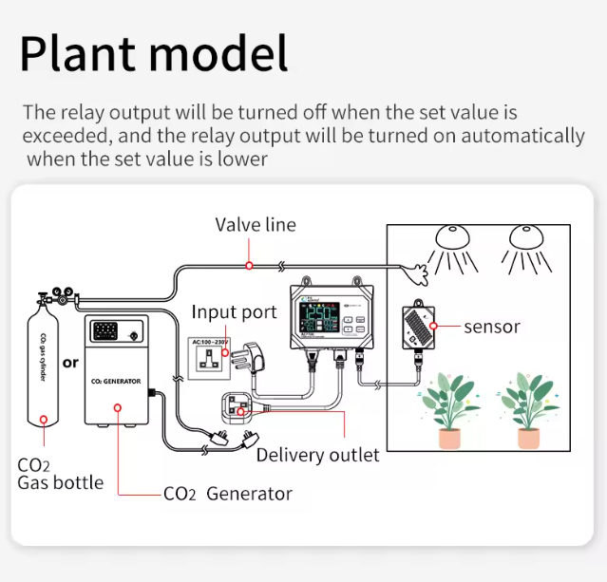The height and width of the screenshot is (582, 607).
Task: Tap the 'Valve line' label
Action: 255,225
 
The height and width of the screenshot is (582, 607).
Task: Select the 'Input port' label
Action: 234,312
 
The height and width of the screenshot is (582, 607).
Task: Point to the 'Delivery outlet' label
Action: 317,455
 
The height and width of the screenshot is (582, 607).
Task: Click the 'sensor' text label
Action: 492,327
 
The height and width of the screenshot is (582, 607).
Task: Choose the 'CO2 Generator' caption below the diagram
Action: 228,494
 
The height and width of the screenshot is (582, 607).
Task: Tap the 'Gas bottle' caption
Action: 61,482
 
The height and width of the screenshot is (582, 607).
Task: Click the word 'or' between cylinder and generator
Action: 70,363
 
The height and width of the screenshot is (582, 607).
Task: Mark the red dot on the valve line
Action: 249,266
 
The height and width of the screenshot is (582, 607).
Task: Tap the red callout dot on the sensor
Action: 432,327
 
